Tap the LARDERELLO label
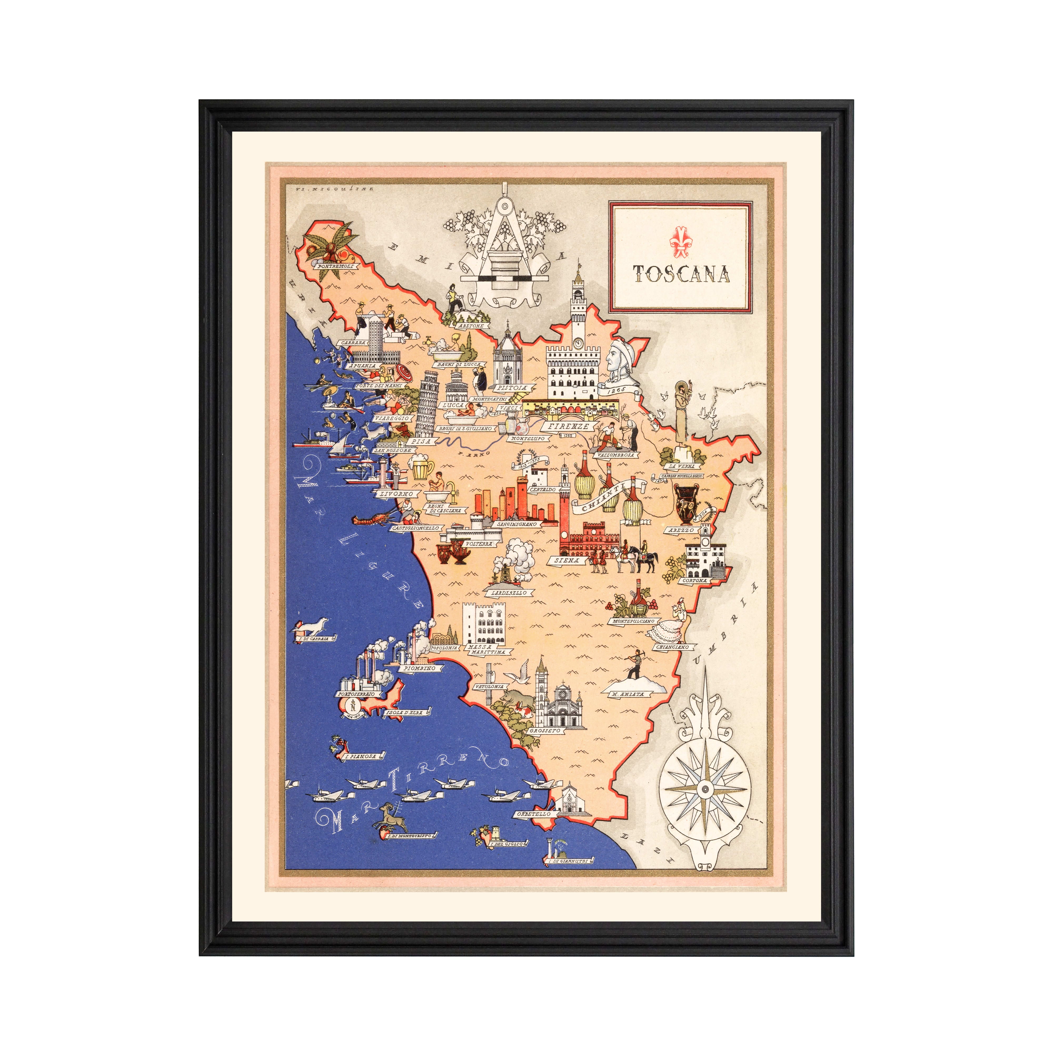(509, 593)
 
